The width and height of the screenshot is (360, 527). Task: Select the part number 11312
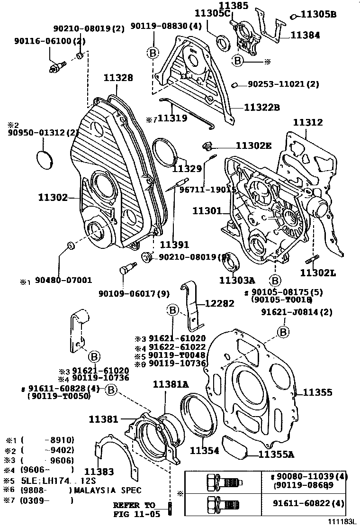click(308, 122)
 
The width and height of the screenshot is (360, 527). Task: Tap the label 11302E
click(253, 146)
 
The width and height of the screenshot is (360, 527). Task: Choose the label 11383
click(99, 472)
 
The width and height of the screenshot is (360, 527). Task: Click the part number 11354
click(205, 451)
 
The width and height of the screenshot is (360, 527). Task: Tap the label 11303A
click(237, 280)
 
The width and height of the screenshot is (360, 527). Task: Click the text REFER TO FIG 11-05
click(134, 509)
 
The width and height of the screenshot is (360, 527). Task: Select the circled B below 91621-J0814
click(283, 332)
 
